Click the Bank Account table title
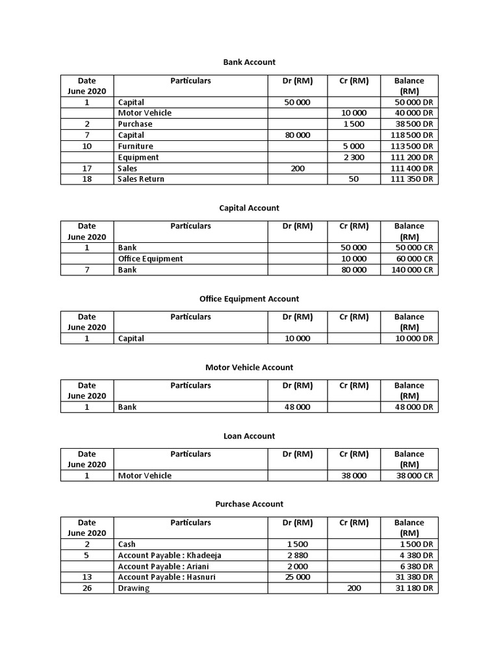click(249, 62)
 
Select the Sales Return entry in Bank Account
click(141, 179)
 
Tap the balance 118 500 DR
click(409, 135)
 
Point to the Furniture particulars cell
click(135, 146)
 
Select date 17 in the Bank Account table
click(87, 168)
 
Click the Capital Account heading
click(249, 208)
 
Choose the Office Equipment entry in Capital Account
click(150, 258)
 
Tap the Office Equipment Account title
click(249, 299)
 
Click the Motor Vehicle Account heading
click(249, 367)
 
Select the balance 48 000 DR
click(413, 407)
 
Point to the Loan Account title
click(249, 436)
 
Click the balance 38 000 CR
click(413, 475)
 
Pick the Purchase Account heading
click(249, 504)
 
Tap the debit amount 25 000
click(298, 577)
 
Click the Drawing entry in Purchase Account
click(133, 588)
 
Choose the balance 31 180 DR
click(413, 588)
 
